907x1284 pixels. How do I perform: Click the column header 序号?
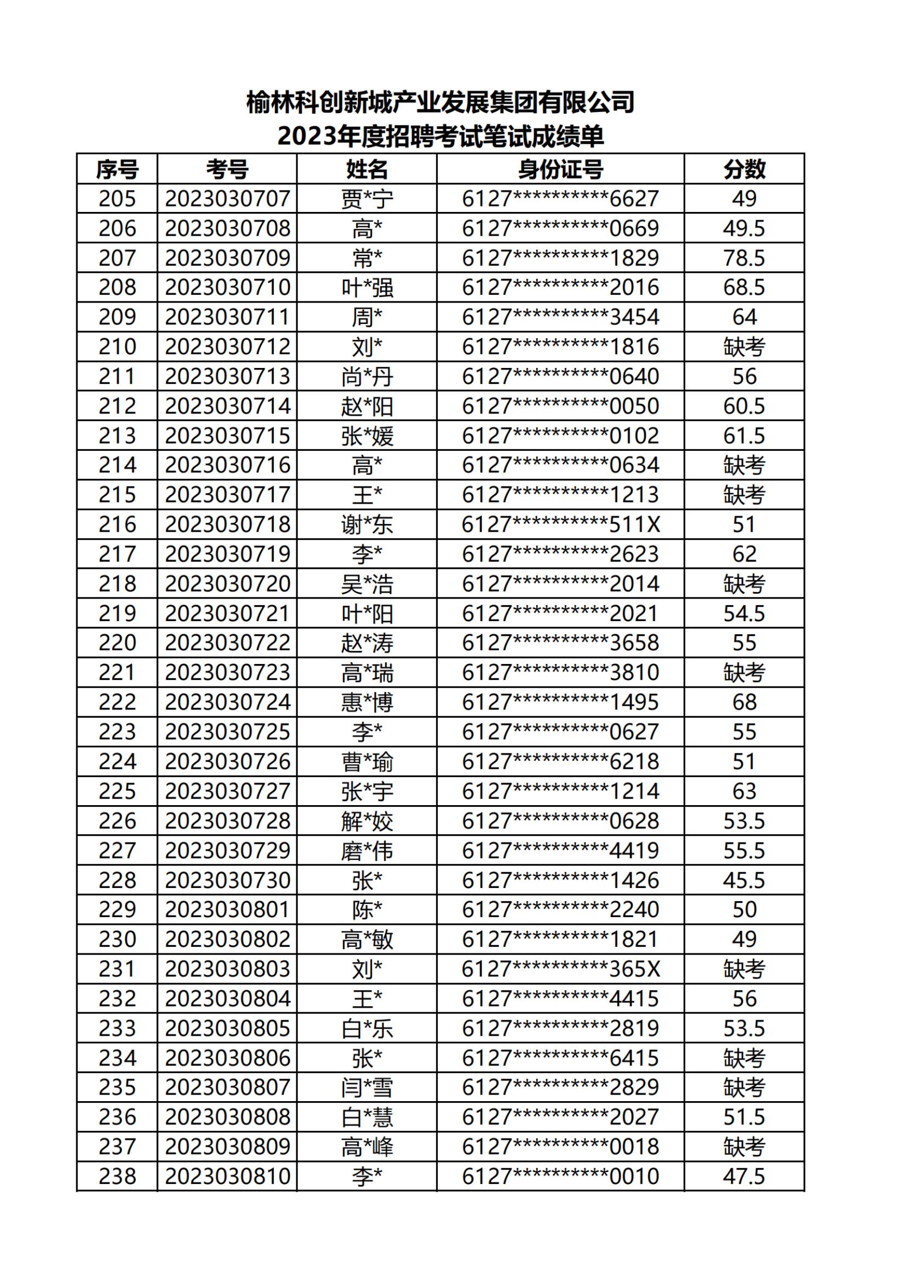(117, 169)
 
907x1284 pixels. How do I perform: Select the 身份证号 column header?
(560, 169)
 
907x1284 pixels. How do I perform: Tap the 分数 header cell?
(744, 169)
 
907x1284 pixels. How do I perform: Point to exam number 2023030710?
(228, 287)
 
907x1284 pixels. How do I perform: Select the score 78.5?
(744, 258)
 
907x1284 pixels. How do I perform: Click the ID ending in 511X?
(560, 524)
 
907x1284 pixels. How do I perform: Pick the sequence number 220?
(117, 643)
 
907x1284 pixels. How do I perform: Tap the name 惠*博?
(367, 702)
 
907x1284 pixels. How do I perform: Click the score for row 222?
(744, 702)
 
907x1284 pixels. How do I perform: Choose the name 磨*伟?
(367, 851)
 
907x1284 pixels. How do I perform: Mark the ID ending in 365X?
(560, 969)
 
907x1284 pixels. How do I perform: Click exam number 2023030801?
(228, 910)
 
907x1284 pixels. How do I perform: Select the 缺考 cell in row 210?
(744, 347)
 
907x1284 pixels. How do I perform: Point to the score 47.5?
(744, 1176)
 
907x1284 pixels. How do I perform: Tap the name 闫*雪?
(367, 1088)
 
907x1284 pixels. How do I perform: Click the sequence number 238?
(117, 1176)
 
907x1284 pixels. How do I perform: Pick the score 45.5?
(744, 880)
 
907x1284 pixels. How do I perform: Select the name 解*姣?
(367, 821)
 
